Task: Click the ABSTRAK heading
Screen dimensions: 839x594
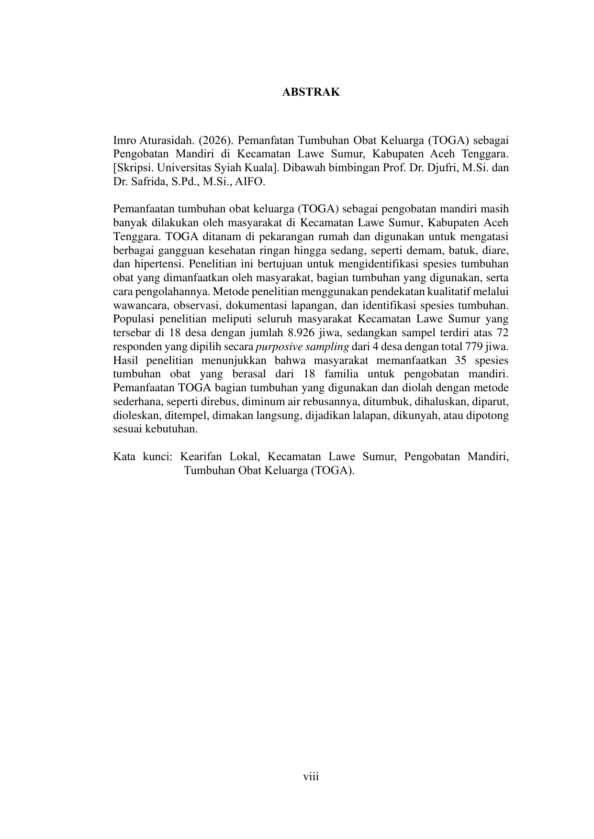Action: [x=311, y=92]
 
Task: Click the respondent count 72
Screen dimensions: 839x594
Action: [x=503, y=332]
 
